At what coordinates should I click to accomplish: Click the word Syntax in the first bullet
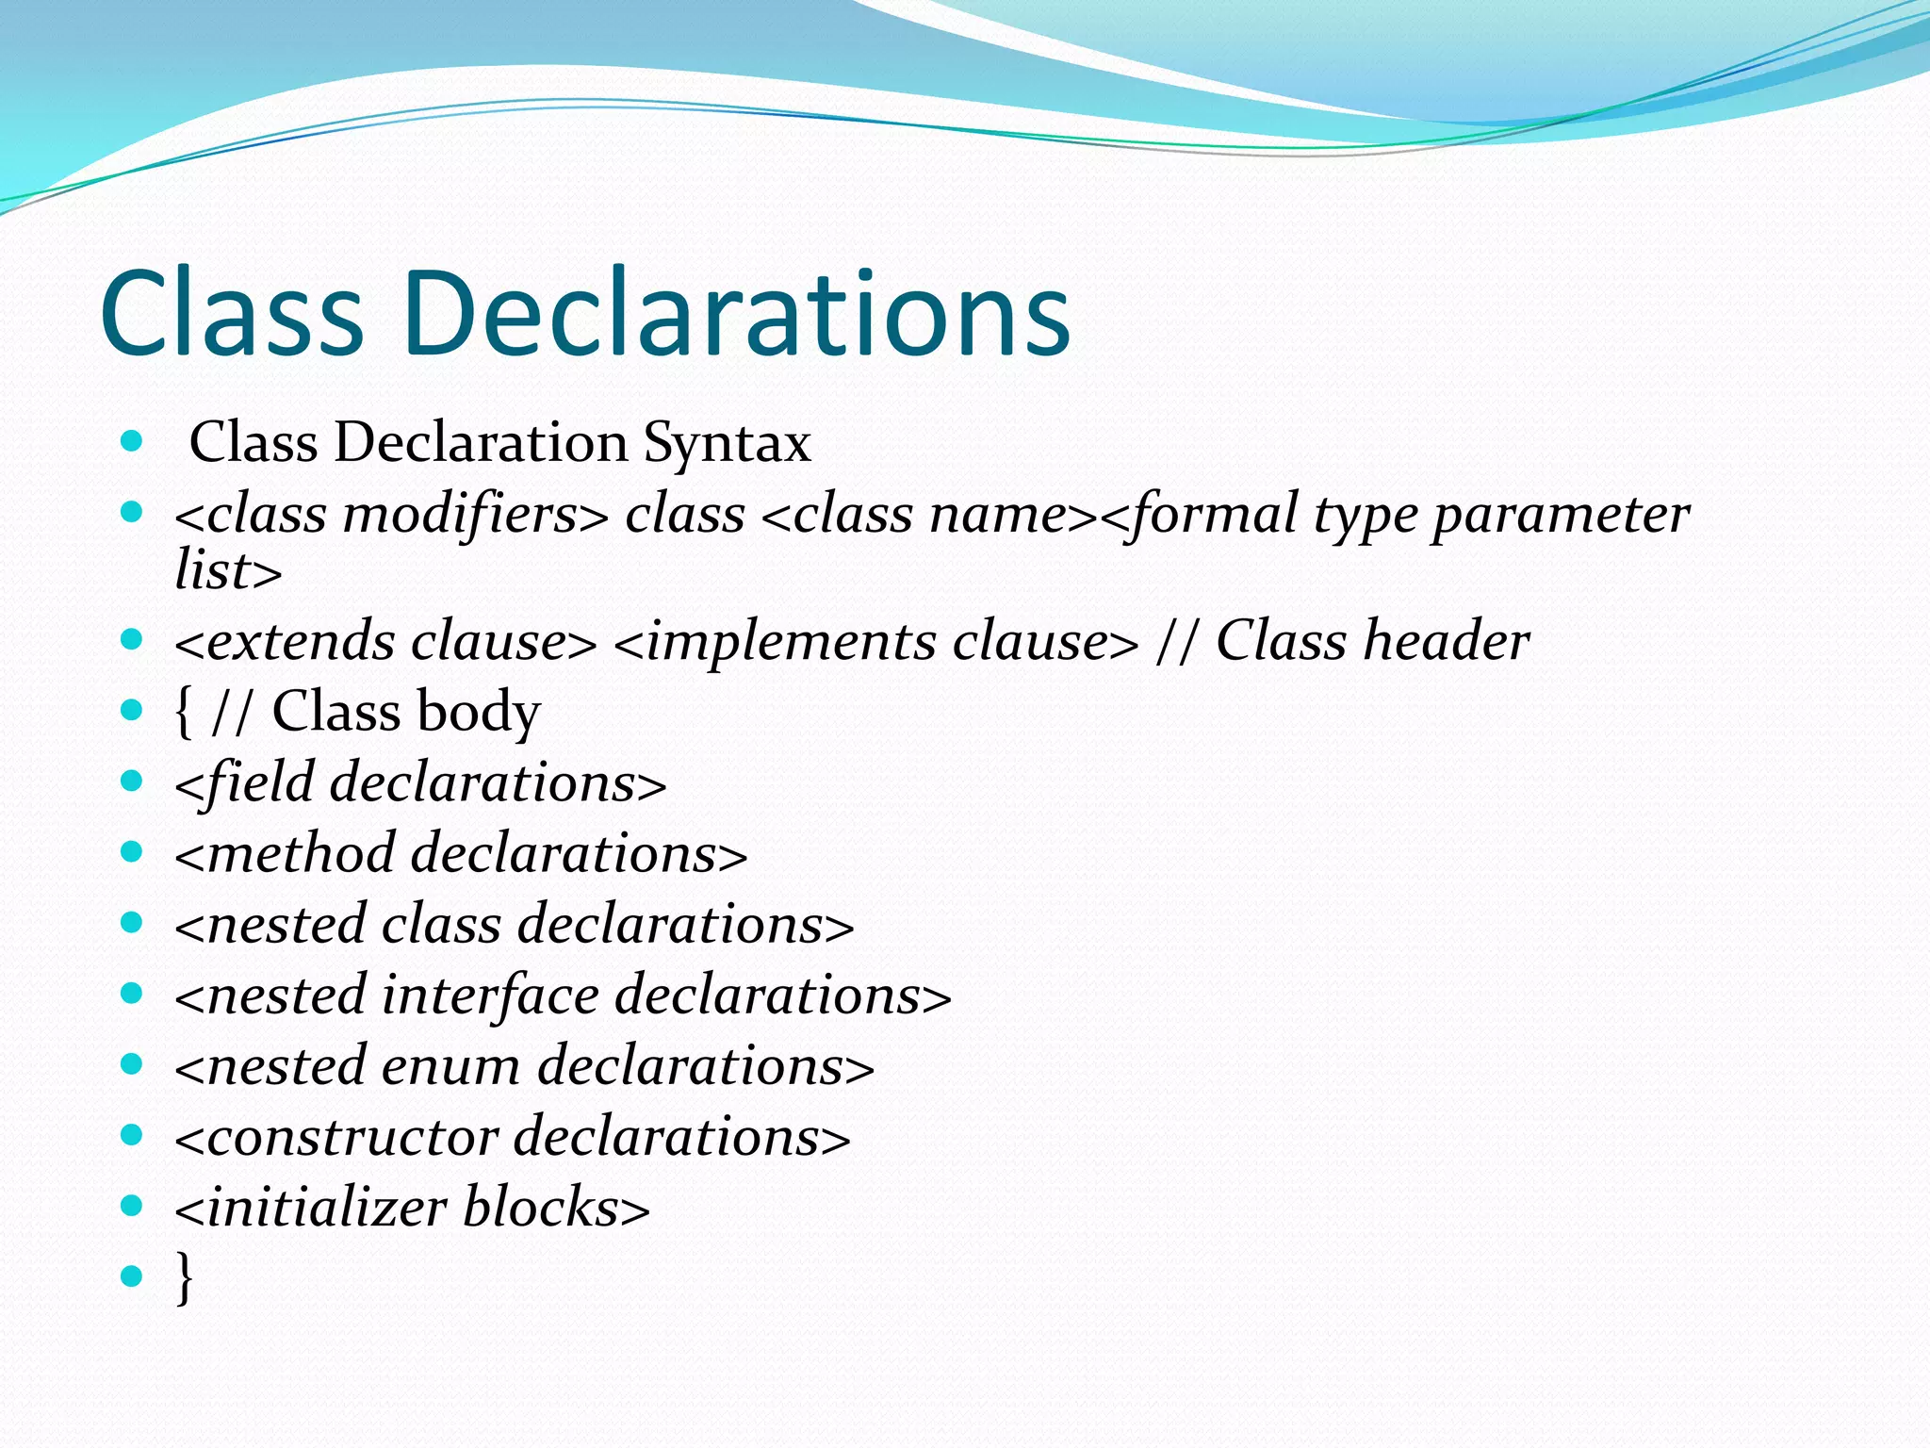click(x=727, y=442)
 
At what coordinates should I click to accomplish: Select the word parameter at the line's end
click(x=1561, y=517)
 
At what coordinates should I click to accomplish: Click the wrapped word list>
click(x=228, y=570)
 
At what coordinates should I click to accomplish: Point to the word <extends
click(x=285, y=642)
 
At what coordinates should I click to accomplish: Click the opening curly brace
click(x=184, y=712)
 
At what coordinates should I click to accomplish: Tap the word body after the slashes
click(x=479, y=712)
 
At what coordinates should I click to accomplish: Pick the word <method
click(x=285, y=854)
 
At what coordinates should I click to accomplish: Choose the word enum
click(x=450, y=1066)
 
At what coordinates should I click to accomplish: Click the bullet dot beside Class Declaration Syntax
click(x=132, y=440)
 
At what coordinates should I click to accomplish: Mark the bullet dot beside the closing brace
click(x=132, y=1276)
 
